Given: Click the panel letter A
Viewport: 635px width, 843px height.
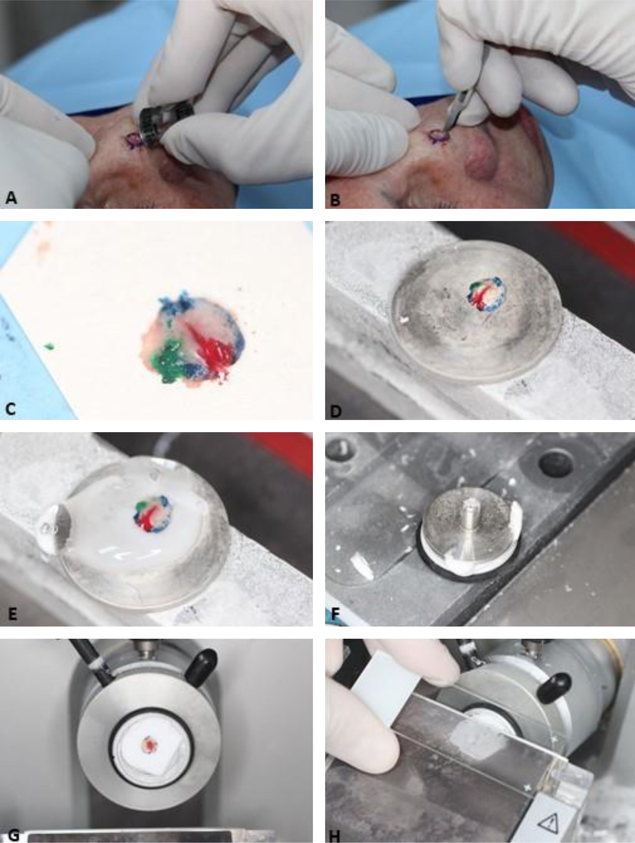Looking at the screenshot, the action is click(x=11, y=198).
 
